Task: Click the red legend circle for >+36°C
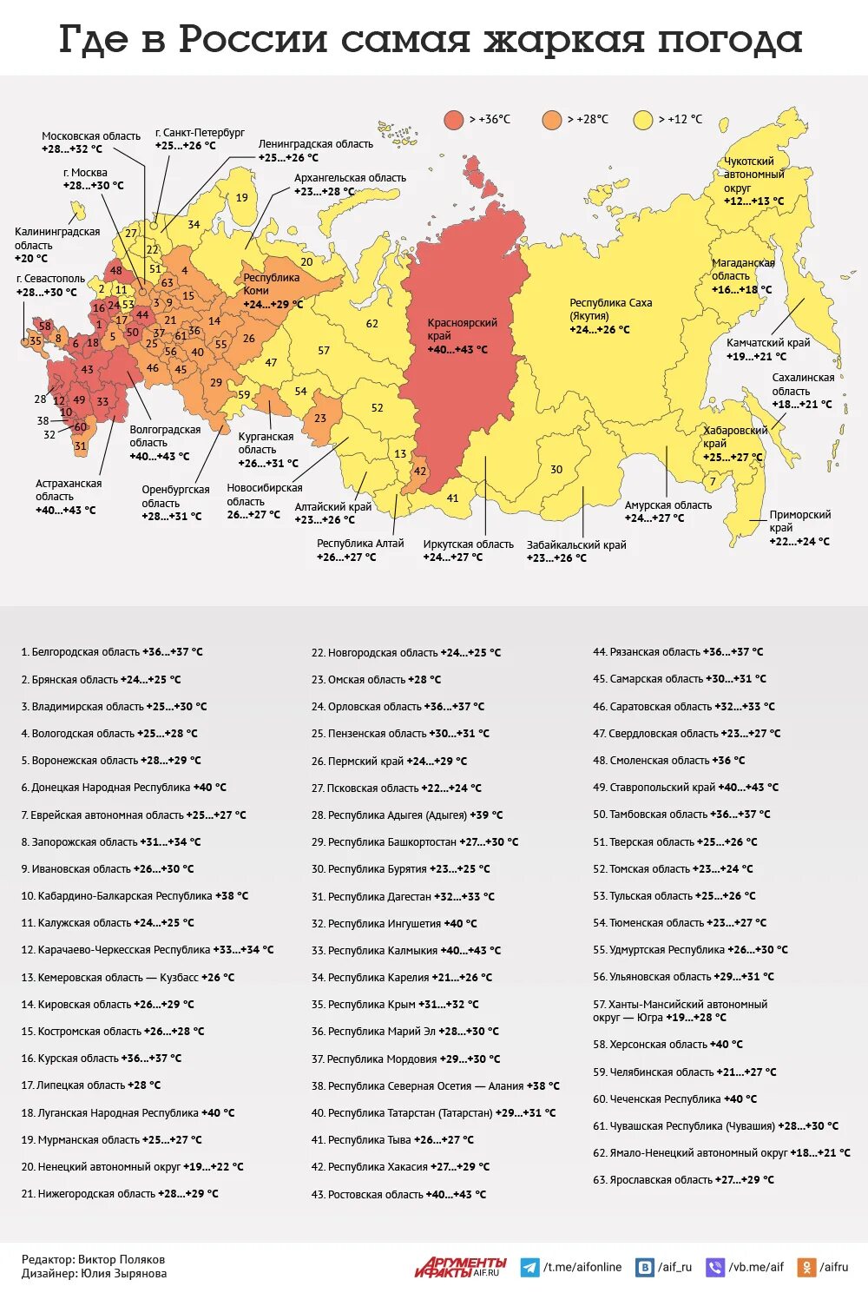click(x=454, y=120)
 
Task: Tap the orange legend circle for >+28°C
click(x=552, y=120)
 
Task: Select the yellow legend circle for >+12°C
click(x=643, y=120)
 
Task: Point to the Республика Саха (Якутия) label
click(x=610, y=316)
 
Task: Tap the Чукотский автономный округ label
click(x=753, y=181)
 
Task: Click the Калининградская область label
click(x=56, y=245)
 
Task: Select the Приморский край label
click(x=799, y=528)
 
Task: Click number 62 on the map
click(x=372, y=324)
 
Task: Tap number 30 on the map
click(x=556, y=470)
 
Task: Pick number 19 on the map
click(x=242, y=198)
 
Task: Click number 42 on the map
click(x=420, y=472)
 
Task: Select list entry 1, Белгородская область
click(x=112, y=652)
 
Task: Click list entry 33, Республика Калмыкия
click(x=405, y=951)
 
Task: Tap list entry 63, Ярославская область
click(x=683, y=1180)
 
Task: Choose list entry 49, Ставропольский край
click(x=686, y=788)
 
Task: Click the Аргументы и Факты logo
click(x=460, y=1267)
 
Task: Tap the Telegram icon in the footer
click(x=529, y=1268)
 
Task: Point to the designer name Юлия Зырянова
click(x=123, y=1274)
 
